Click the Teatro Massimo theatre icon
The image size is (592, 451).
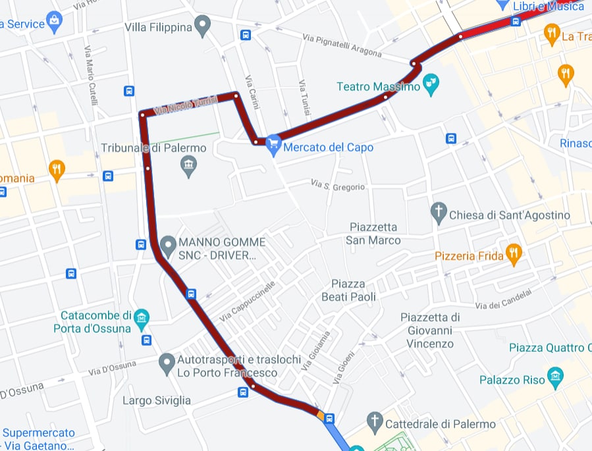pyautogui.click(x=431, y=84)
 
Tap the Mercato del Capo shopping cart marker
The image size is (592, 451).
pyautogui.click(x=274, y=146)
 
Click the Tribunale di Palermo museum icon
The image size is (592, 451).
pyautogui.click(x=189, y=166)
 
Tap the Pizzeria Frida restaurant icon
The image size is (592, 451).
pyautogui.click(x=514, y=253)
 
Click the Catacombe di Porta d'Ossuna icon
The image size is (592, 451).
pyautogui.click(x=141, y=319)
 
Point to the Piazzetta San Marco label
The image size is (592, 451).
pyautogui.click(x=373, y=234)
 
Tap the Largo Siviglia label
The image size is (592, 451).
pyautogui.click(x=157, y=400)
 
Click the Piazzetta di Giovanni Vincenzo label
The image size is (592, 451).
pyautogui.click(x=430, y=331)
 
